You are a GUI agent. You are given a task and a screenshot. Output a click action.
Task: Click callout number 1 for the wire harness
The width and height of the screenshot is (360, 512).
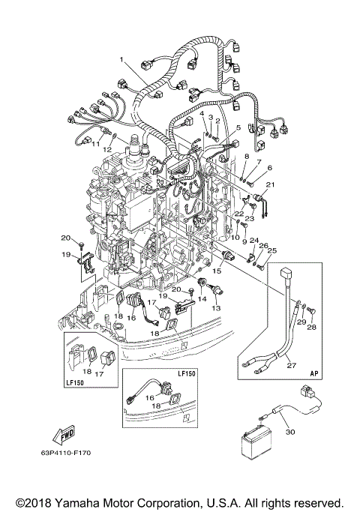point(119,58)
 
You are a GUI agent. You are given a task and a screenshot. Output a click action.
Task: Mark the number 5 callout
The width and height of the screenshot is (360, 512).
point(238,128)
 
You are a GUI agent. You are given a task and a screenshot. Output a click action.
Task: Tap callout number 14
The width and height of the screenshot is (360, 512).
point(201,298)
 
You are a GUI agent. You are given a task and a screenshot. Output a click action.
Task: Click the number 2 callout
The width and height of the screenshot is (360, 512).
point(217,120)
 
